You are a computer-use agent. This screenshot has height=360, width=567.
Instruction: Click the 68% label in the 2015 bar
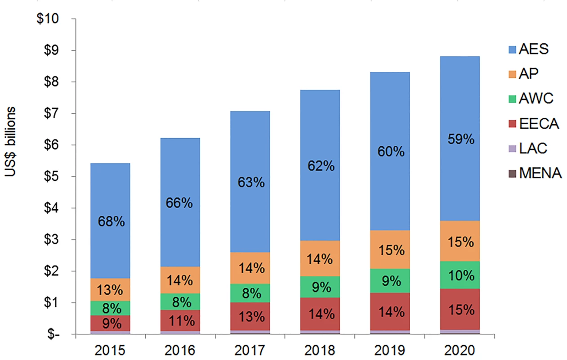(112, 221)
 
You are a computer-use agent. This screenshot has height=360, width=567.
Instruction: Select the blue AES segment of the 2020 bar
(460, 139)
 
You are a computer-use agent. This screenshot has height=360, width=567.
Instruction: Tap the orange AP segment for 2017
(250, 268)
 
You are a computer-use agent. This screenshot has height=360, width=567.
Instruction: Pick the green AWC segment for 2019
(390, 281)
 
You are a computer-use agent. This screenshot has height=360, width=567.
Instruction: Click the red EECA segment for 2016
(180, 320)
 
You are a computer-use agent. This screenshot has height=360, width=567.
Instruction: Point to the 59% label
(461, 139)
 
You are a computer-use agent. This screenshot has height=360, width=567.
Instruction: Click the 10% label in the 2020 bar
(461, 275)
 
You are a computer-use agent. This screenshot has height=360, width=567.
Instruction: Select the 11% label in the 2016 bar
(182, 321)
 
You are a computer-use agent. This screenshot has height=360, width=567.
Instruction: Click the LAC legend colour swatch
(512, 148)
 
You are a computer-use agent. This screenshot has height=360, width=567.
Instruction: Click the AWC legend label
(536, 98)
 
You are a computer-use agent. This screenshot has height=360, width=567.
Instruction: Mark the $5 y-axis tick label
(51, 176)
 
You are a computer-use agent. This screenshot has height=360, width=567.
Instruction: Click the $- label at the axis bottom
(54, 334)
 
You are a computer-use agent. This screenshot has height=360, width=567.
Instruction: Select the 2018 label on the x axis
(320, 351)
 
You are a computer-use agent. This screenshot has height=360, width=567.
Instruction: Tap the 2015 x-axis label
(110, 351)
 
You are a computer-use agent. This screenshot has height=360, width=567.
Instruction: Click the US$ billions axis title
(10, 142)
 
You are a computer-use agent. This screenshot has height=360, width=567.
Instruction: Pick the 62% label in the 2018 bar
(321, 166)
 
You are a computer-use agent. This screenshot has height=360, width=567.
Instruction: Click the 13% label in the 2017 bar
(251, 317)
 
